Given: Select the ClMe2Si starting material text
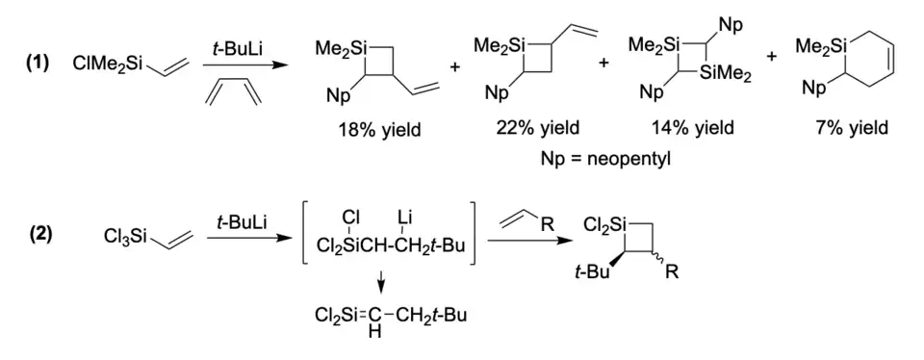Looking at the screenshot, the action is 109,63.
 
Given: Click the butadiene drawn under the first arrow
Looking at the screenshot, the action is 234,94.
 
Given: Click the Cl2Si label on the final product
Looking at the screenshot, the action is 604,224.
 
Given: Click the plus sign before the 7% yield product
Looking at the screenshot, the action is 772,56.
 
